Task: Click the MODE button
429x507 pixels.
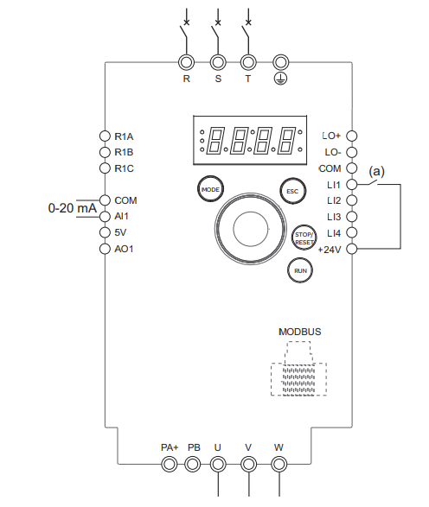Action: click(210, 189)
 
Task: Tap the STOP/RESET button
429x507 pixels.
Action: click(304, 238)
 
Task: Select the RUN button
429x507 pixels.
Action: click(300, 270)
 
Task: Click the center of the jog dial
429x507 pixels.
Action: click(251, 229)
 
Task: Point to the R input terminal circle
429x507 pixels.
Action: click(187, 62)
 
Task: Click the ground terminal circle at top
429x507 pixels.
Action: click(281, 62)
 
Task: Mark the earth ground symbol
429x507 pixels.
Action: click(281, 79)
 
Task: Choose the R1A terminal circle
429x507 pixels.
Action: click(105, 136)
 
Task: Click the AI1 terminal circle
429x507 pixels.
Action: click(105, 216)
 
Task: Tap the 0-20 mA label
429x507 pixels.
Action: click(72, 208)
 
